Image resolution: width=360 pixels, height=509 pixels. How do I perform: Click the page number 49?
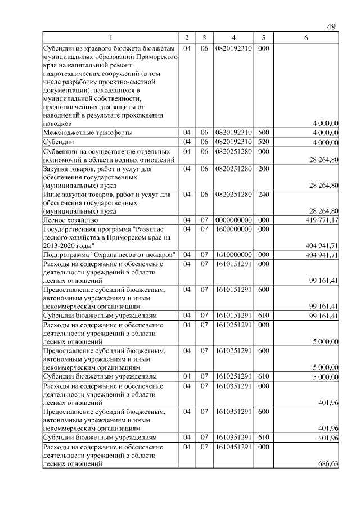(331, 27)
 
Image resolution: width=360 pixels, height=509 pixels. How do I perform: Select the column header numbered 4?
(233, 38)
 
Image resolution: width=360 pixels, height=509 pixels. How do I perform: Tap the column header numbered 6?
(305, 38)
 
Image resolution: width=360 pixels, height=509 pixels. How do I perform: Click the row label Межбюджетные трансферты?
(88, 132)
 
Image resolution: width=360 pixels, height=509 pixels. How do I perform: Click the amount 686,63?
(328, 465)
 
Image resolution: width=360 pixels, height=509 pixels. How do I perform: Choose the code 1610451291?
(233, 447)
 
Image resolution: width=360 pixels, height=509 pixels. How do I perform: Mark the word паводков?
(57, 123)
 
